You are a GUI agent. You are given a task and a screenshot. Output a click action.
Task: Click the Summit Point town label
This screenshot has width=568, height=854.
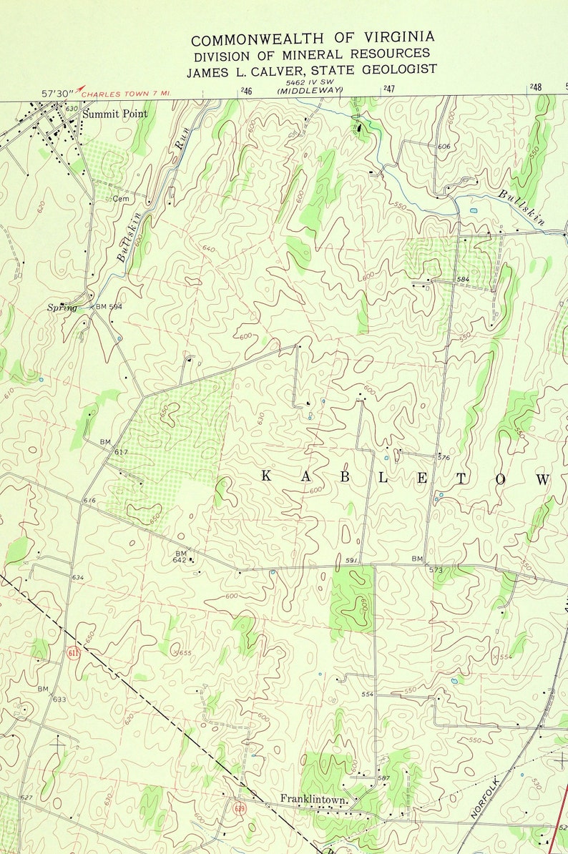click(x=114, y=114)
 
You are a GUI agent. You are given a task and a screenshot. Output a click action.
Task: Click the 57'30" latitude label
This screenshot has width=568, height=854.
click(x=57, y=93)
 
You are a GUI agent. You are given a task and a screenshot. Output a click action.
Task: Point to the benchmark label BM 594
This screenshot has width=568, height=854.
click(x=109, y=307)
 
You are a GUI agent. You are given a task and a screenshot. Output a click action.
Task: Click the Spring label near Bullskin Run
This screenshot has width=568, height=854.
click(x=62, y=308)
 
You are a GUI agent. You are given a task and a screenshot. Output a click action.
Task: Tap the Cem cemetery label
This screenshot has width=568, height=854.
click(x=119, y=198)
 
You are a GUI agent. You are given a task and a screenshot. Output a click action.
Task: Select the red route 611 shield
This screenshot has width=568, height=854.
click(x=72, y=652)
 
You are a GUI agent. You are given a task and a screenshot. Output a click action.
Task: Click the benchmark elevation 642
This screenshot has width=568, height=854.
click(x=179, y=559)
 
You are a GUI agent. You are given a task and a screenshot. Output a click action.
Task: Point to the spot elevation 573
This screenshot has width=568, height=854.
click(x=436, y=570)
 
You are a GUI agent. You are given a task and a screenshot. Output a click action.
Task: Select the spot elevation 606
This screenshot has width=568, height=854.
click(x=444, y=146)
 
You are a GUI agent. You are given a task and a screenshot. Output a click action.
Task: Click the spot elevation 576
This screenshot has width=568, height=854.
click(x=444, y=458)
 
